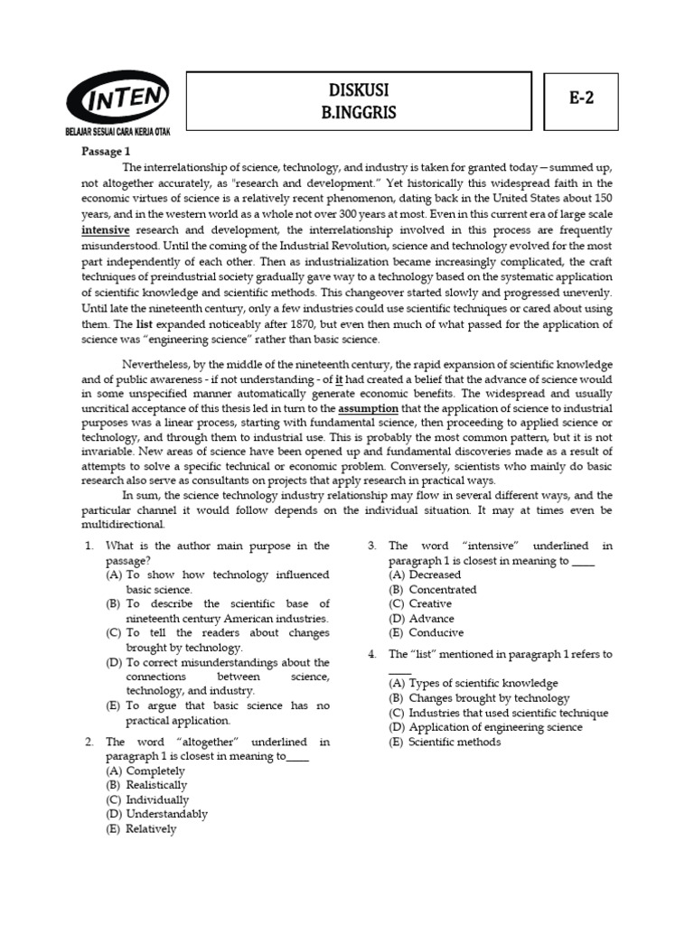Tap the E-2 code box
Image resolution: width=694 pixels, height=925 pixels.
(582, 101)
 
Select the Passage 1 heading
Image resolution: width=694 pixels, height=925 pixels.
(107, 152)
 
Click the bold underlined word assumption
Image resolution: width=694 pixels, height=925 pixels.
(367, 407)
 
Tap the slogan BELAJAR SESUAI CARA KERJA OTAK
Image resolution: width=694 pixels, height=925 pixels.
(117, 132)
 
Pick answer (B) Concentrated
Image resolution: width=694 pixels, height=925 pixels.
(432, 589)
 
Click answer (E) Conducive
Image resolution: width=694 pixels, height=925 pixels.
(427, 632)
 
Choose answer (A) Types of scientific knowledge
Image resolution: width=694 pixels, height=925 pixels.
(474, 683)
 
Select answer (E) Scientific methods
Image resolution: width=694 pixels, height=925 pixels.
(445, 742)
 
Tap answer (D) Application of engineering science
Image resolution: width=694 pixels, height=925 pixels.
(485, 727)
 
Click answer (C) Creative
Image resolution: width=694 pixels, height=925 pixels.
(420, 603)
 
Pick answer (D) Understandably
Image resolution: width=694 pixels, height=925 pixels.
(156, 814)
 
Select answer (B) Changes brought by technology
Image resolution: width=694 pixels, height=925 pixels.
(479, 697)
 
